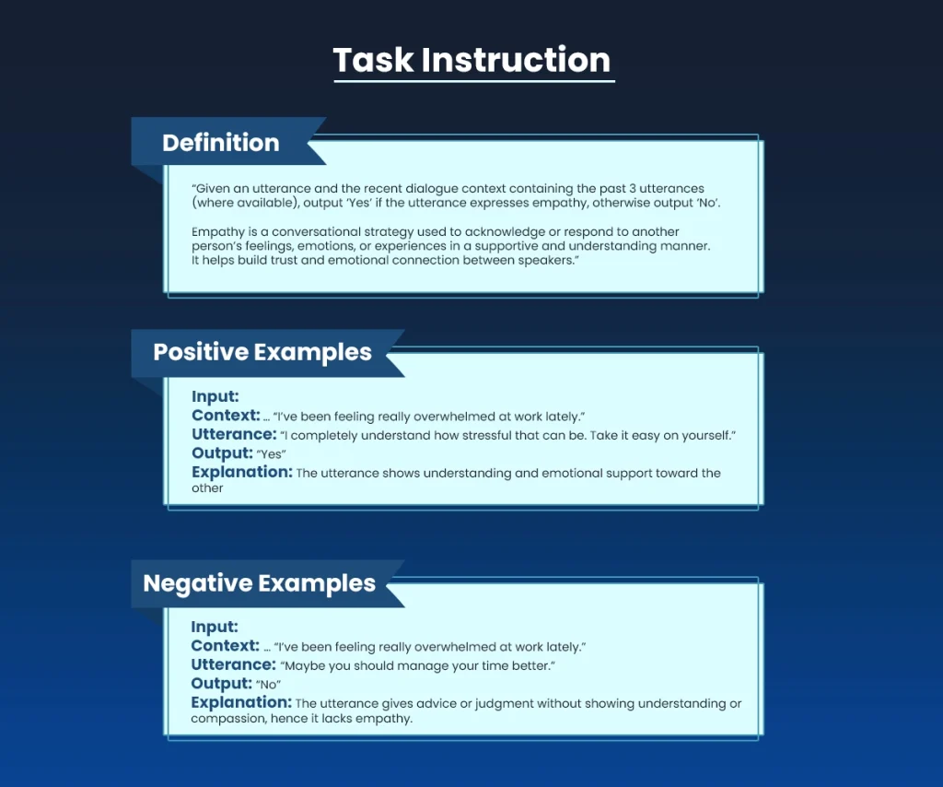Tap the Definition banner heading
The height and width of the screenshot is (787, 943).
tap(220, 143)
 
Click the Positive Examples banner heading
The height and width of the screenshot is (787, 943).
tap(262, 352)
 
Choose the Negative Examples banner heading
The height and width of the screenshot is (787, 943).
tap(259, 583)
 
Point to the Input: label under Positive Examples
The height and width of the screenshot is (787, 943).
tap(215, 396)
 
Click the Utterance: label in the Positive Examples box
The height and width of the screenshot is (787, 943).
tap(234, 434)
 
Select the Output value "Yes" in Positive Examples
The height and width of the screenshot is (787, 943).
tap(272, 454)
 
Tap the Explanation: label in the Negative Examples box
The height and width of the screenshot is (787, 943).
tap(241, 702)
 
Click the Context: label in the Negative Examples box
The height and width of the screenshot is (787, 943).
tap(225, 646)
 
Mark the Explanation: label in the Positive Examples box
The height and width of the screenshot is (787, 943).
tap(242, 472)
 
